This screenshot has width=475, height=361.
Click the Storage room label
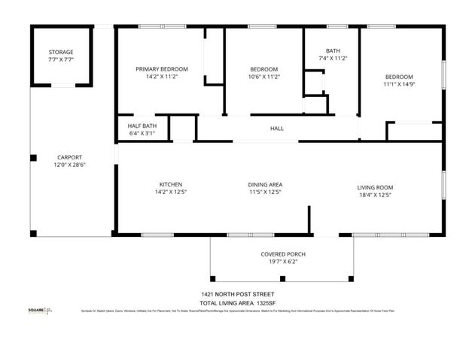tap(61, 52)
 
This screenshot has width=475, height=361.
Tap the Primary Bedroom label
tap(162, 69)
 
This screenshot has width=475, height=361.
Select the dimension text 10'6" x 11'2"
tap(264, 77)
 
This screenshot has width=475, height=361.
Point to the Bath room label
tap(332, 50)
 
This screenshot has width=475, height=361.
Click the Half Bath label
tap(142, 126)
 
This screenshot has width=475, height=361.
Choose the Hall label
tap(277, 129)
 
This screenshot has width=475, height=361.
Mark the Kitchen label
tap(170, 185)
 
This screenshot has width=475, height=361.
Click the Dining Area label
tap(266, 185)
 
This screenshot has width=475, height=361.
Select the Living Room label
tap(375, 187)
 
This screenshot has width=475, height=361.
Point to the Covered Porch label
tap(283, 254)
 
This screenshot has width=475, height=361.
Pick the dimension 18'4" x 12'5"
tap(375, 195)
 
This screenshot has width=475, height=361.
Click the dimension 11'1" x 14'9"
tap(399, 84)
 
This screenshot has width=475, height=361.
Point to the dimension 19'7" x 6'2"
tap(283, 262)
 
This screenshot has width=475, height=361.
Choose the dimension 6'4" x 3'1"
tap(142, 133)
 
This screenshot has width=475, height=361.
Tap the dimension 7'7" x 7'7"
tap(61, 59)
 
